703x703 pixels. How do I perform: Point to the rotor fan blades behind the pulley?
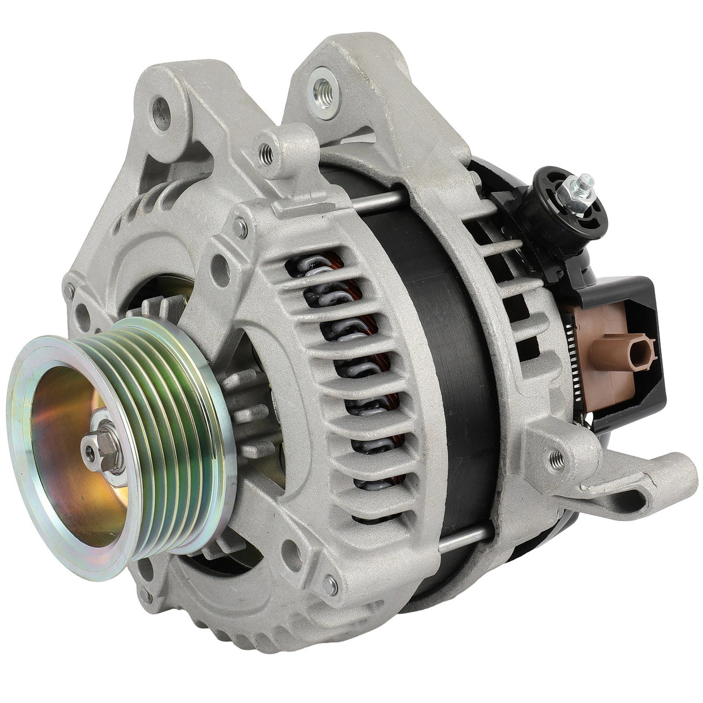pos(246,410)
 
